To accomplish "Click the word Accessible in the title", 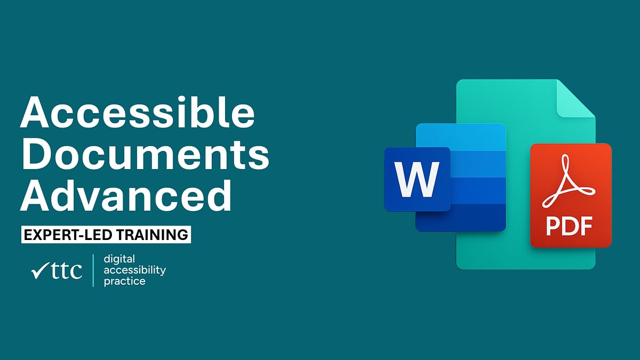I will (137, 114).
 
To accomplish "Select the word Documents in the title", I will (145, 155).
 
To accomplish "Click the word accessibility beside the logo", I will (134, 270).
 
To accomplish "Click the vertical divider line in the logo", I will (93, 270).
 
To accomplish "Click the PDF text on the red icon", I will (570, 226).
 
